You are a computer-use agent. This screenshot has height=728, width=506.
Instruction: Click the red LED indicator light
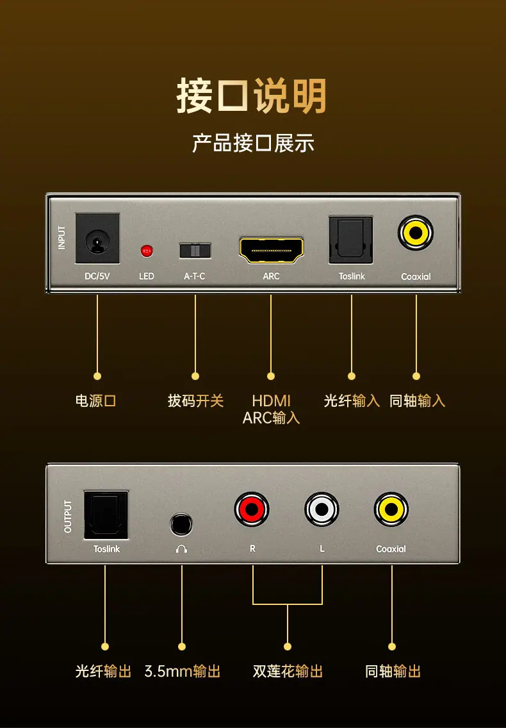(147, 251)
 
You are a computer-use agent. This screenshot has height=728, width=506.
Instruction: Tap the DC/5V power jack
(97, 238)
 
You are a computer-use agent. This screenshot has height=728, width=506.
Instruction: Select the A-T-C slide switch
(195, 251)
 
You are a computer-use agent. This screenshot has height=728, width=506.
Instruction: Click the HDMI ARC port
(271, 250)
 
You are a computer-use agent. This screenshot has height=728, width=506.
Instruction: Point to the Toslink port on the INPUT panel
(350, 240)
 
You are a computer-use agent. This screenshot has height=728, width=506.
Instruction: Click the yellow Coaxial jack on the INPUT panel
(416, 233)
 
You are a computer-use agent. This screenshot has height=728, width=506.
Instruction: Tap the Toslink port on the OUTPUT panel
(106, 515)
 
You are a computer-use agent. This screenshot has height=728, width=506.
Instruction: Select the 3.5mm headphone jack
(181, 525)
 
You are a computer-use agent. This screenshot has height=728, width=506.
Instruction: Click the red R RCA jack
(252, 509)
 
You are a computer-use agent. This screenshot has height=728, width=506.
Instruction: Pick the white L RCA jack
(322, 509)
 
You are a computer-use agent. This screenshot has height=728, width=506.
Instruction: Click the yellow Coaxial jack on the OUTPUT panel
(391, 509)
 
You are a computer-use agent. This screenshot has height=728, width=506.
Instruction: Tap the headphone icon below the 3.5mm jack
(181, 549)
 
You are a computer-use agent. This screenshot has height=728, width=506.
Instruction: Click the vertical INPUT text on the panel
(61, 238)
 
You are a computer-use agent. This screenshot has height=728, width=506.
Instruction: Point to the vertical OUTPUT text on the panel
(68, 517)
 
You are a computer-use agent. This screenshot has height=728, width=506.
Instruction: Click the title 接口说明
(251, 95)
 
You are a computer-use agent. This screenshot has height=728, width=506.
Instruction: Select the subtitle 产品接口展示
(253, 143)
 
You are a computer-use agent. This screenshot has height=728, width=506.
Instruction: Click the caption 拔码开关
(195, 401)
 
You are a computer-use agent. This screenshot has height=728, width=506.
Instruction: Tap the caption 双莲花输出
(288, 672)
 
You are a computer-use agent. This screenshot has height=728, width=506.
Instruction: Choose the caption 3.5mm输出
(183, 672)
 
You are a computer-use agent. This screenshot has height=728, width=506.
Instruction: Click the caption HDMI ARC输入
(271, 409)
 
